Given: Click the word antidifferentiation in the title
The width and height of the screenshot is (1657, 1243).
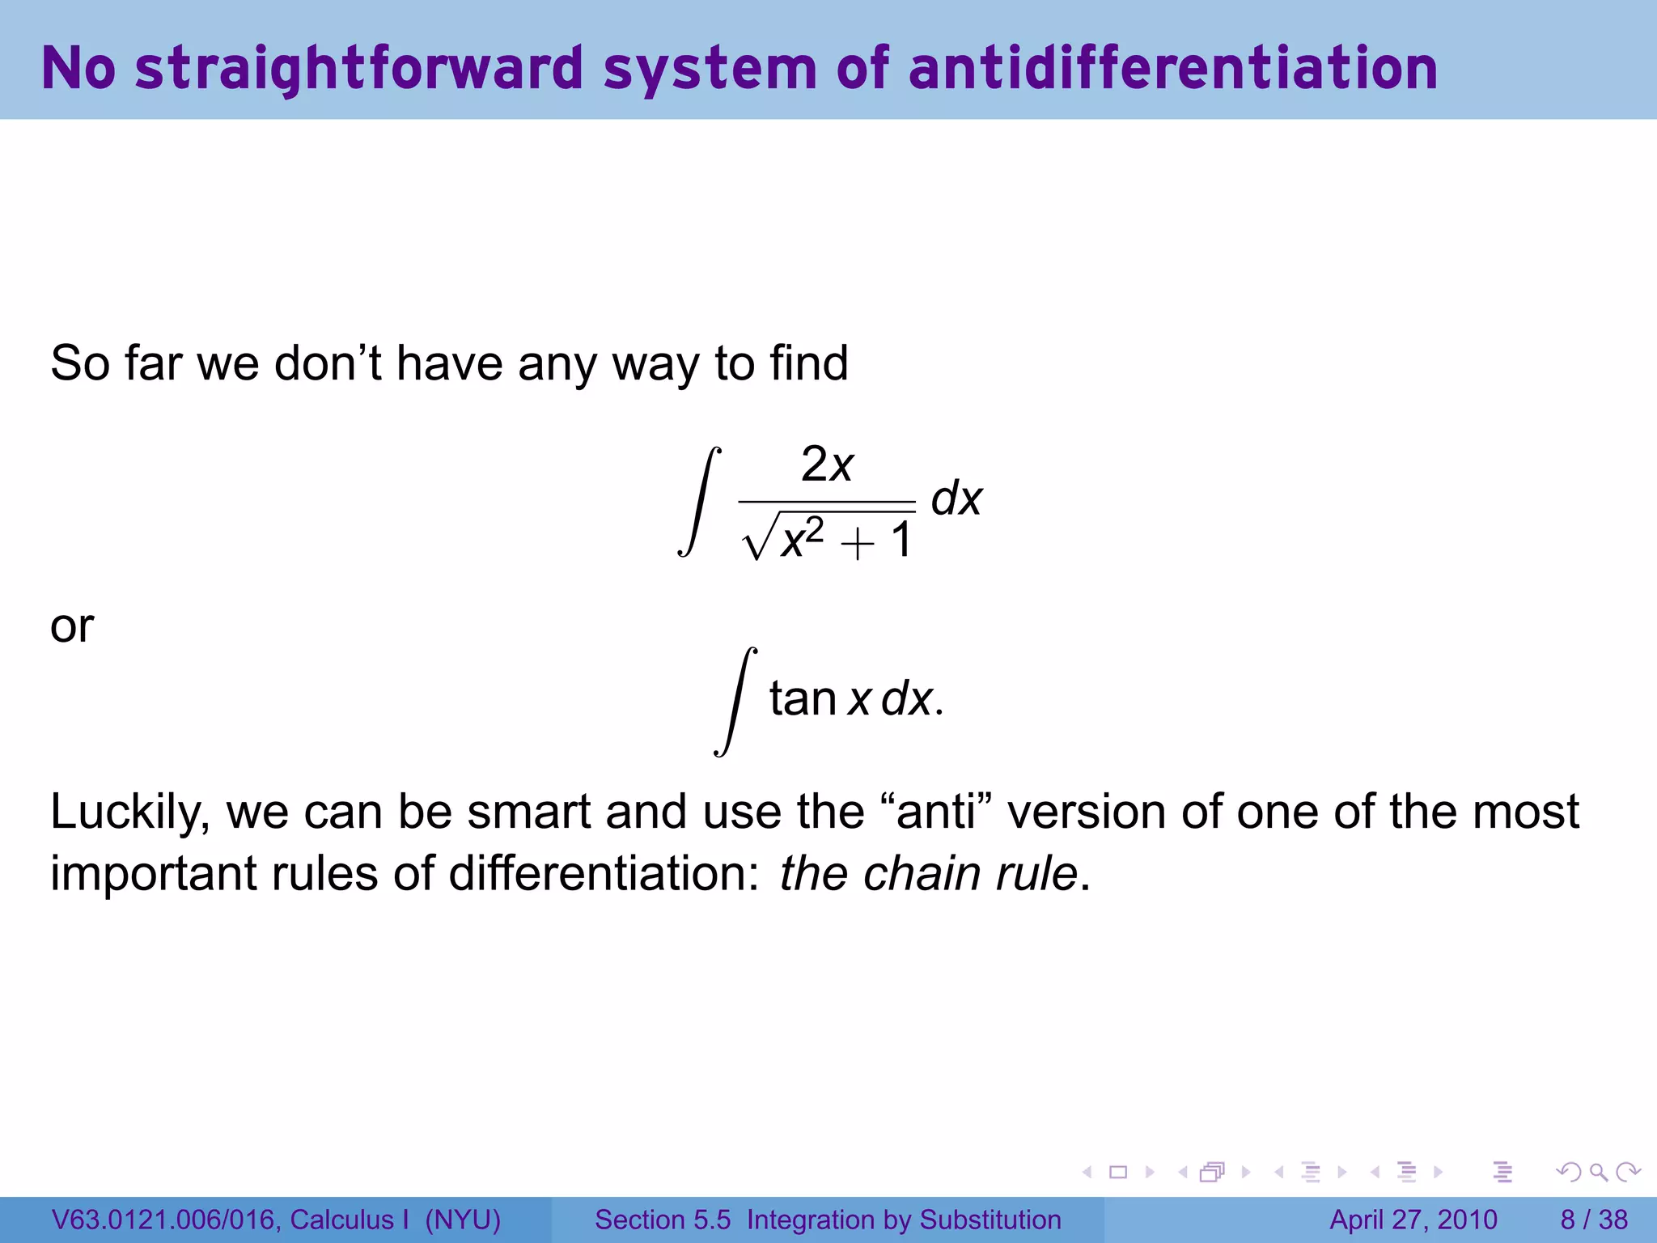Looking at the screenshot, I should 1172,68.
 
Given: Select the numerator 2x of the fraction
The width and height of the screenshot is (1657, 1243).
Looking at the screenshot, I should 827,465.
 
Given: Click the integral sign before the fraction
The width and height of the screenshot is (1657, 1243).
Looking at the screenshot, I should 700,502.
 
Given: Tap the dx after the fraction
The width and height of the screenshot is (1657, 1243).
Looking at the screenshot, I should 956,498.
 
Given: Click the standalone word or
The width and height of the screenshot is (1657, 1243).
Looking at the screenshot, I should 72,626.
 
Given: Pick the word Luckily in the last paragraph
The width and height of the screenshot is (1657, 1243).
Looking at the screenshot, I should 129,812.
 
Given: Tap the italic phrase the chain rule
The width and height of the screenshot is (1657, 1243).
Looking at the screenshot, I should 928,874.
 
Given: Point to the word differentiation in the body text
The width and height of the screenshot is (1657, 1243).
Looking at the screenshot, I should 604,874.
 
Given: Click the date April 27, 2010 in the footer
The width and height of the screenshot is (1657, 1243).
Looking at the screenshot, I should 1413,1220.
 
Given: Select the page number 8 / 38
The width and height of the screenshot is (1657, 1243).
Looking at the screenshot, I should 1593,1220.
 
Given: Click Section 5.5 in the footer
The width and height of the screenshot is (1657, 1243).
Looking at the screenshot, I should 662,1220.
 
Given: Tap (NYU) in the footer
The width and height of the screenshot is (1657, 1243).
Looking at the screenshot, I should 463,1220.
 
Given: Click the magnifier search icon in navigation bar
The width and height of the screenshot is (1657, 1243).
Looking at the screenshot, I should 1597,1172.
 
